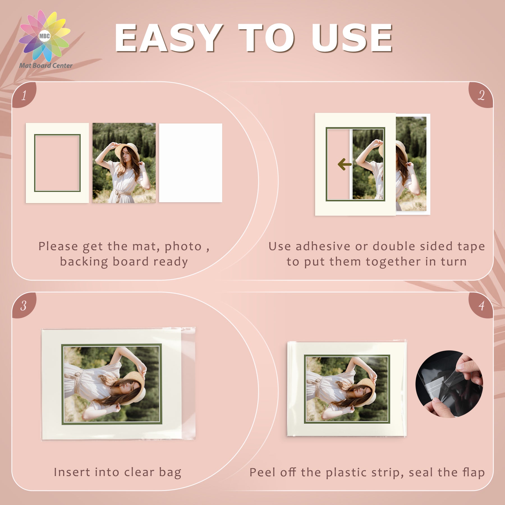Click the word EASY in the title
tap(168, 38)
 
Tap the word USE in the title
tap(352, 38)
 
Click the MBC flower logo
tap(45, 36)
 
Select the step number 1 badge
tap(24, 95)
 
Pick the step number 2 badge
tap(481, 95)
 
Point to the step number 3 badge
tap(24, 305)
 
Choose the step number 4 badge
tap(481, 305)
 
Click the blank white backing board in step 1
tap(190, 163)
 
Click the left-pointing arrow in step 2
tap(345, 164)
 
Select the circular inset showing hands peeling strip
tap(449, 384)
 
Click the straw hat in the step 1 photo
tap(127, 151)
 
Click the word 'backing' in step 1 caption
tap(84, 262)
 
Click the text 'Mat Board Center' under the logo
tap(46, 65)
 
